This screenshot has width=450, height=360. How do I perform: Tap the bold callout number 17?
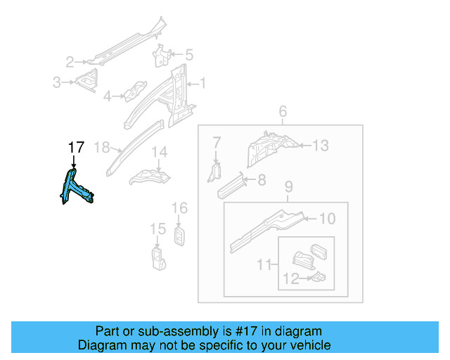pos(76,148)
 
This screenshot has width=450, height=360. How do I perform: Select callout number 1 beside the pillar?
pos(203,84)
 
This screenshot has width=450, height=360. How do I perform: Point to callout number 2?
pos(70,61)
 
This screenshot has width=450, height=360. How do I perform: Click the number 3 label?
pos(57,83)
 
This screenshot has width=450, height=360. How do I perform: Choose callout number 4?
pos(108,96)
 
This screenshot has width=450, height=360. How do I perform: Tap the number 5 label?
pos(188,54)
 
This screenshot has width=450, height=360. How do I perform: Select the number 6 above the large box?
pos(283,112)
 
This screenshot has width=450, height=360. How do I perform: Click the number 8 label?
pos(261,180)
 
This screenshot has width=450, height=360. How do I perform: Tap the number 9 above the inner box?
pos(288,188)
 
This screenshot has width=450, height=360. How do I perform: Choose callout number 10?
pos(327,219)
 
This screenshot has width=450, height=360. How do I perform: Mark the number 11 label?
pos(264,264)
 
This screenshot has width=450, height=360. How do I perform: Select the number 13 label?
pos(320,146)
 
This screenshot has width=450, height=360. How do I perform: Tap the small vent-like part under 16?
pos(179,236)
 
